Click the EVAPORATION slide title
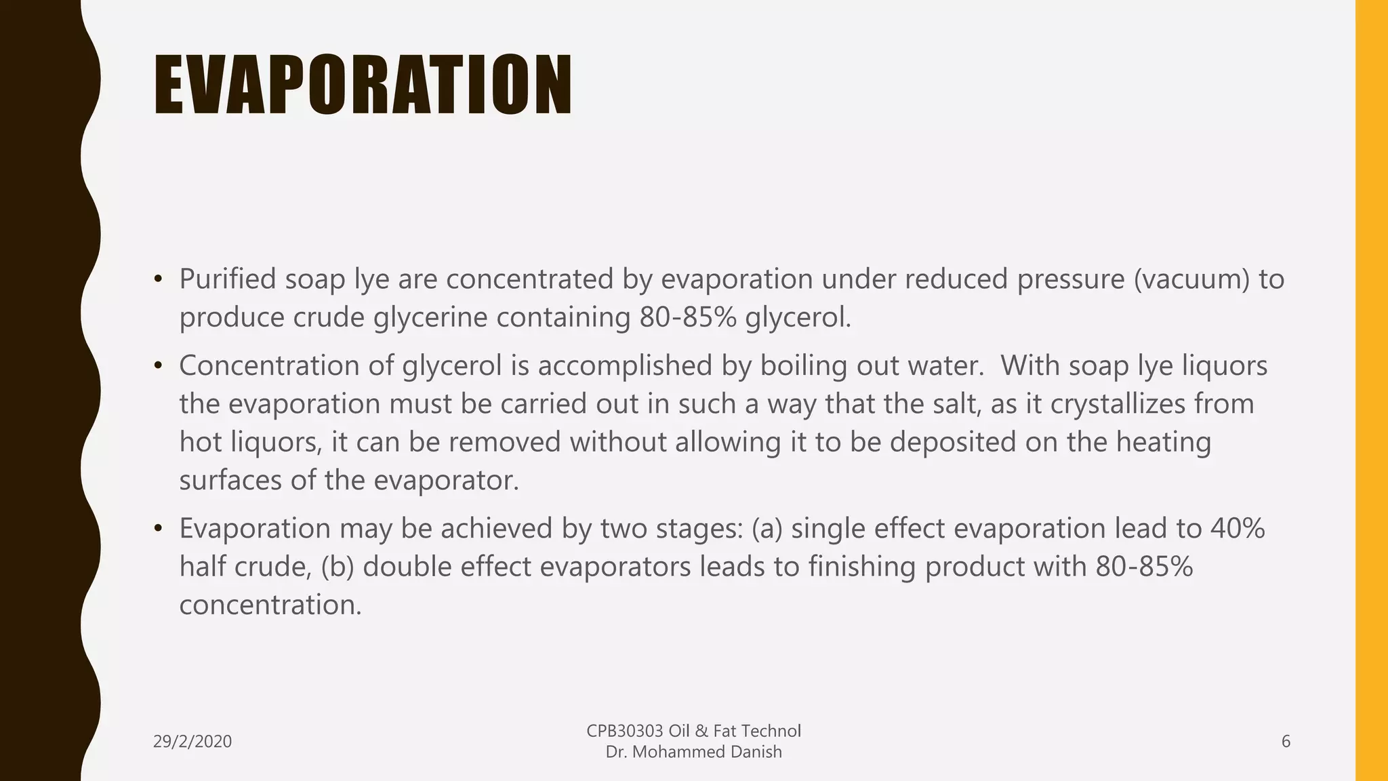click(363, 85)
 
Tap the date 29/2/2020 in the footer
click(192, 742)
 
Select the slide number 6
click(1286, 742)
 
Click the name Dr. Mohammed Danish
click(693, 752)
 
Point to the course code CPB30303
click(625, 731)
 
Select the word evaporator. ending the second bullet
click(446, 481)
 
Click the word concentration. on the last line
click(270, 605)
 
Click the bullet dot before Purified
click(158, 279)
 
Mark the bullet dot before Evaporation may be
click(158, 529)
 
